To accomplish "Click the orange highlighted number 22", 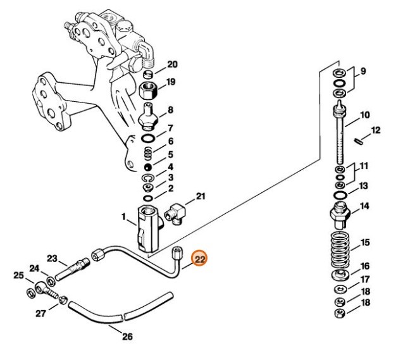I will [201, 259].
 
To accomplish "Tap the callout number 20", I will [172, 64].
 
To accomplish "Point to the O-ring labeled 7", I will [148, 139].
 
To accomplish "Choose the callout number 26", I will [127, 337].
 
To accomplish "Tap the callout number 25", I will [20, 275].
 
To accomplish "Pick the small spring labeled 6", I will [148, 153].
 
